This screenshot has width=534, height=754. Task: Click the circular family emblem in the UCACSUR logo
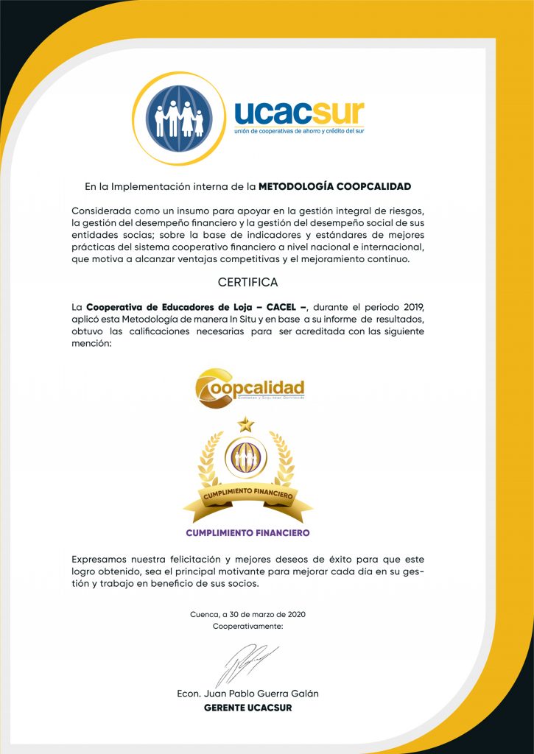(x=179, y=118)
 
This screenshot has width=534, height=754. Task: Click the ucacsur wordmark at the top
(x=299, y=112)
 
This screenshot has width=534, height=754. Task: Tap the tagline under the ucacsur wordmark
(x=299, y=131)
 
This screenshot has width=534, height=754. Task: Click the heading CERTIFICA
(x=247, y=282)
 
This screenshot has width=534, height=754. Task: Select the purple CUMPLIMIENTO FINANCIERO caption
(x=247, y=532)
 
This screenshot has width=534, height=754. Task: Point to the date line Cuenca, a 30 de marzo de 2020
(x=247, y=614)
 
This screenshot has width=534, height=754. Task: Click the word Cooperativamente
(x=247, y=626)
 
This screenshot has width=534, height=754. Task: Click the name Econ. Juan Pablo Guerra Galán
(x=247, y=694)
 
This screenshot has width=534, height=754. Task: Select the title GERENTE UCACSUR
(x=247, y=708)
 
